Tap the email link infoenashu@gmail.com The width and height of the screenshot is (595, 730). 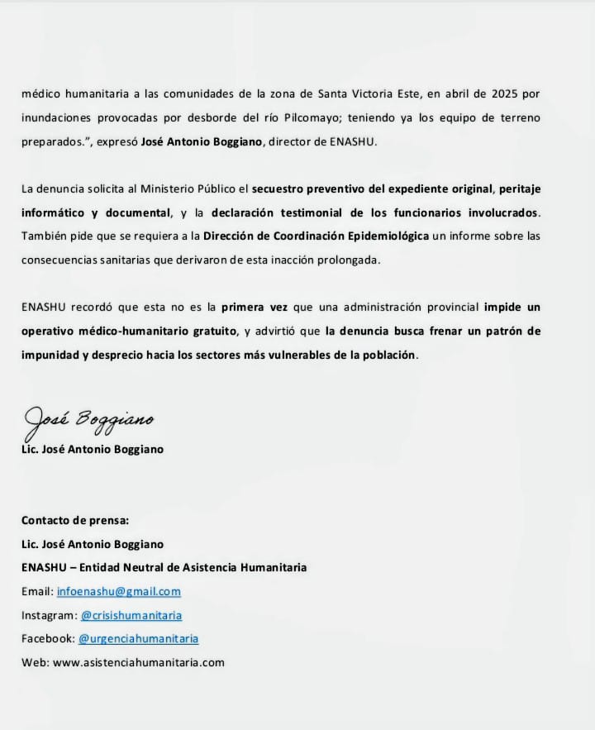[119, 592]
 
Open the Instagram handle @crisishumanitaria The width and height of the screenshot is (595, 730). [131, 616]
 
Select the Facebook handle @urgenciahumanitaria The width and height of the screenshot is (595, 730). [138, 639]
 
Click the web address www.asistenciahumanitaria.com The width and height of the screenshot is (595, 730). [139, 663]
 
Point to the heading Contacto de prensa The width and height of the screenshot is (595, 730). [76, 521]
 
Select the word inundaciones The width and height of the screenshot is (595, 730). [54, 117]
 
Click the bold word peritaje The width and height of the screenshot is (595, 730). [519, 188]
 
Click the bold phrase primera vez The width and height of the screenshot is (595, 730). [255, 308]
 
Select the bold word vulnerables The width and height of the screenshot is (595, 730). [297, 355]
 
